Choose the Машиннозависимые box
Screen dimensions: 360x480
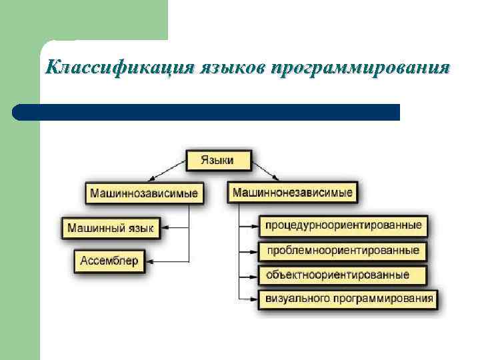(144, 193)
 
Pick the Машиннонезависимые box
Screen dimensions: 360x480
(292, 193)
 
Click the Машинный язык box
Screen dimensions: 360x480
(110, 228)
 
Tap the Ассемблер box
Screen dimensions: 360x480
(109, 260)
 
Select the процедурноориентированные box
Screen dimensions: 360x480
(343, 225)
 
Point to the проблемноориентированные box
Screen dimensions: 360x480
(343, 250)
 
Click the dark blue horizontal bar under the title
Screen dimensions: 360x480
(207, 112)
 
